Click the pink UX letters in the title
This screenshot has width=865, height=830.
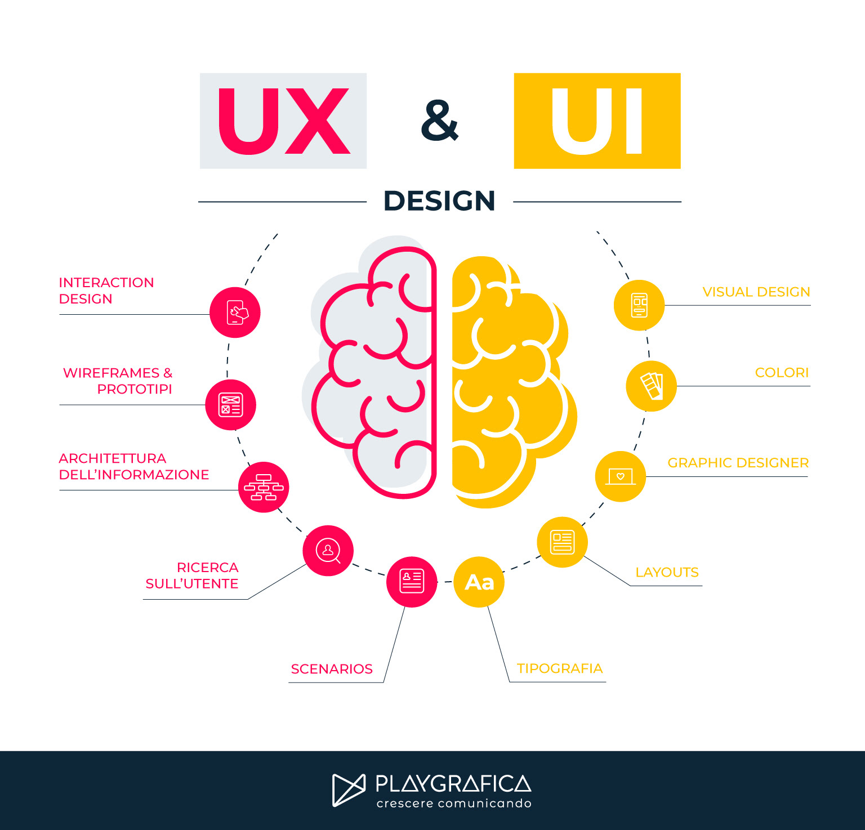click(283, 121)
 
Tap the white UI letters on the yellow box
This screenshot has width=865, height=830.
click(597, 121)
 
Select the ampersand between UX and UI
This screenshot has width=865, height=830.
click(440, 121)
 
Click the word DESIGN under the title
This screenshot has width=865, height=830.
click(439, 201)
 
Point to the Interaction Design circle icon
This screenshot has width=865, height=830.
click(235, 313)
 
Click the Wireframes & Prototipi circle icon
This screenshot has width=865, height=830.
click(230, 405)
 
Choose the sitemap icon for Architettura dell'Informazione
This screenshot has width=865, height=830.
click(264, 488)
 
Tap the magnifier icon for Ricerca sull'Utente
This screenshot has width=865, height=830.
click(328, 550)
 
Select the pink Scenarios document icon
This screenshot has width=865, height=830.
click(412, 582)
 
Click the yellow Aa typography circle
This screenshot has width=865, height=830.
click(479, 582)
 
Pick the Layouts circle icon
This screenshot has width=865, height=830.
click(562, 542)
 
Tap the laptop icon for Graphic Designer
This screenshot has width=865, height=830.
click(621, 476)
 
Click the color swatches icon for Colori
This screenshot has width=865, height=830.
click(652, 386)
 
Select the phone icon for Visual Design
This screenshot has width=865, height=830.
click(639, 305)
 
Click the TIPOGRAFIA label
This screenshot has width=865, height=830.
click(560, 668)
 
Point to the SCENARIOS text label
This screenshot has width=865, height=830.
click(332, 669)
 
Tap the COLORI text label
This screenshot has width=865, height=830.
click(782, 373)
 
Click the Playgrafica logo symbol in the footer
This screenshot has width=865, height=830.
click(349, 789)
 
